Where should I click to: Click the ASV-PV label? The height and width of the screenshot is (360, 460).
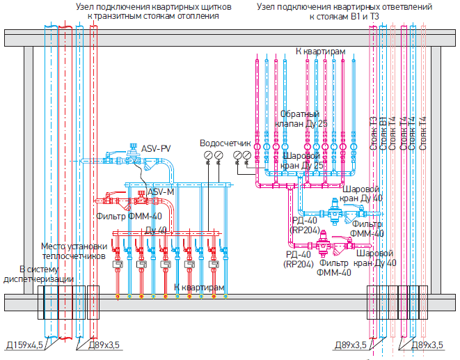[156, 149]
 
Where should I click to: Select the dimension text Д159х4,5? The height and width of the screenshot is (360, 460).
[26, 345]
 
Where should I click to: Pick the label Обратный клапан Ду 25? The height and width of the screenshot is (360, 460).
[300, 118]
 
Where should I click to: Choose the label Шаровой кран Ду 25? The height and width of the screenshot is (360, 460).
[304, 162]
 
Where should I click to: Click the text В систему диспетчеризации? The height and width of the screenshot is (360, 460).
[39, 274]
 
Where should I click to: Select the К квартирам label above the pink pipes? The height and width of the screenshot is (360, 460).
[320, 52]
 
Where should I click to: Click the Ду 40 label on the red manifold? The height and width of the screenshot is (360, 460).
[156, 230]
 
